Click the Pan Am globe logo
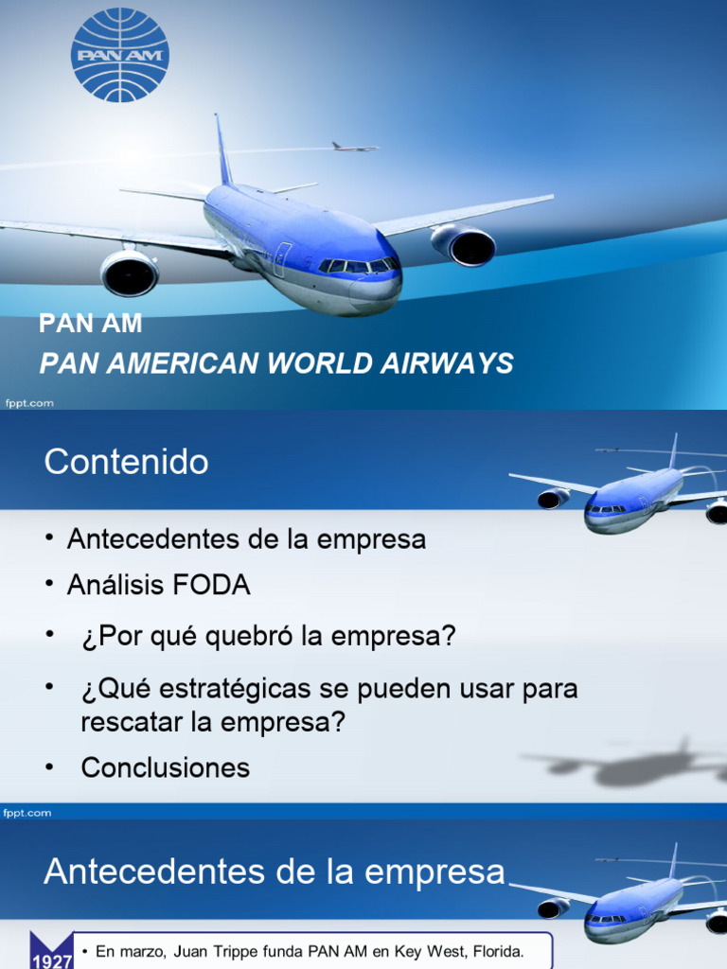click(120, 55)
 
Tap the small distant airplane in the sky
click(354, 147)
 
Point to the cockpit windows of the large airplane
click(359, 266)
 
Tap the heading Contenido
click(126, 463)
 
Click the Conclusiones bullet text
click(166, 767)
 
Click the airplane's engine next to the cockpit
click(464, 246)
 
